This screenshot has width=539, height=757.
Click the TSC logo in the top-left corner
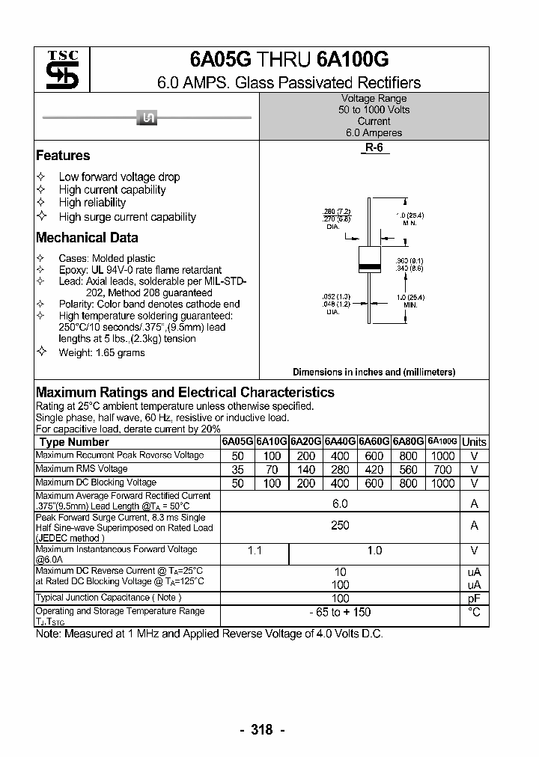[62, 70]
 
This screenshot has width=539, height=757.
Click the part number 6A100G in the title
[353, 61]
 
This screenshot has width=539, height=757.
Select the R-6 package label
[374, 148]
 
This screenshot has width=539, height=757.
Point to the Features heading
[63, 156]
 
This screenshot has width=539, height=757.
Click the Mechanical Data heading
[87, 238]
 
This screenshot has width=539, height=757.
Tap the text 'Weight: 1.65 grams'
[102, 352]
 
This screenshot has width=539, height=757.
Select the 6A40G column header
[340, 442]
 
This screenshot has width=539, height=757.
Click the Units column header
[474, 442]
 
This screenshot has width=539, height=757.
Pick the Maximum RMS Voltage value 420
[374, 470]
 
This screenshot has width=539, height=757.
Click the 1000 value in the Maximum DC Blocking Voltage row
[442, 483]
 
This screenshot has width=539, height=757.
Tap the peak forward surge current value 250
[340, 526]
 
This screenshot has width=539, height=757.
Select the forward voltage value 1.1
[255, 551]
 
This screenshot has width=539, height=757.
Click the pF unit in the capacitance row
[474, 598]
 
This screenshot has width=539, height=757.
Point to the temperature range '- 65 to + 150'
[340, 613]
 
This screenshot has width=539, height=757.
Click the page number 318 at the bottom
[262, 730]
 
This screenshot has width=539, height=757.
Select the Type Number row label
[74, 442]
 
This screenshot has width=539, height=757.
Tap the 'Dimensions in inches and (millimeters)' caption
[374, 372]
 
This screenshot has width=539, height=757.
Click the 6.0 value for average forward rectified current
[340, 503]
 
